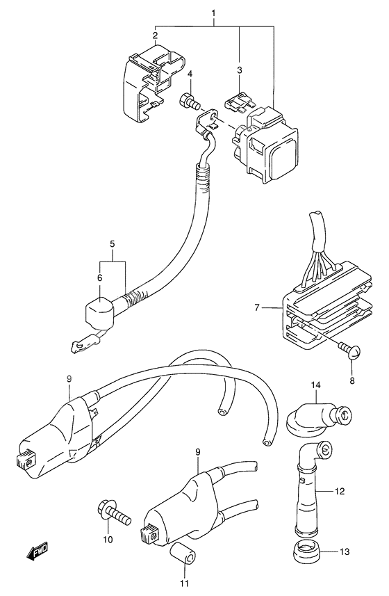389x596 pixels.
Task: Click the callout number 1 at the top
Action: pyautogui.click(x=213, y=13)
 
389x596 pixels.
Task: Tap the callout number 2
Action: pyautogui.click(x=155, y=35)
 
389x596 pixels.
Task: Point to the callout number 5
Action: pyautogui.click(x=113, y=243)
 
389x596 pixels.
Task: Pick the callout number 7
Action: pyautogui.click(x=257, y=307)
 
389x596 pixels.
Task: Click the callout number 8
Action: pyautogui.click(x=351, y=380)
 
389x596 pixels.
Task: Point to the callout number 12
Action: pyautogui.click(x=339, y=492)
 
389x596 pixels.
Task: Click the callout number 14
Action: pyautogui.click(x=316, y=385)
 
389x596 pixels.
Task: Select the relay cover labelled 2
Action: pyautogui.click(x=153, y=82)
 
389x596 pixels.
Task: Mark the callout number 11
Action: pyautogui.click(x=185, y=583)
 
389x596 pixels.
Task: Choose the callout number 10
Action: pyautogui.click(x=108, y=540)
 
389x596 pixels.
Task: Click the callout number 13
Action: pyautogui.click(x=345, y=552)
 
